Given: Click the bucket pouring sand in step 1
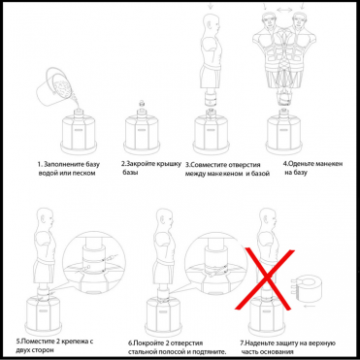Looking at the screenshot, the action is tap(53, 86).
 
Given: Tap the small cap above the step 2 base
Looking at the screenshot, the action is tap(141, 104).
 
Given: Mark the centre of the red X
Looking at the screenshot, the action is tap(266, 278).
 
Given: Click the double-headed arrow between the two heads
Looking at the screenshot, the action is tap(284, 11).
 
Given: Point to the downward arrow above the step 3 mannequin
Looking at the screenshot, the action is tap(211, 5).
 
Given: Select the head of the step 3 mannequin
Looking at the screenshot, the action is tap(210, 24).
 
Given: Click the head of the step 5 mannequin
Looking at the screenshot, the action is tap(45, 218).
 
